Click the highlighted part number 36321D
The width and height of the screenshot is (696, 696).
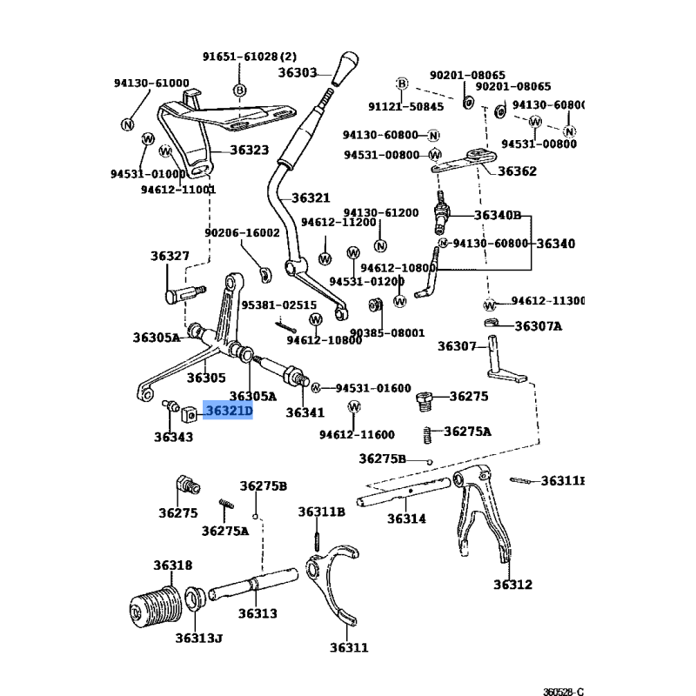(229, 411)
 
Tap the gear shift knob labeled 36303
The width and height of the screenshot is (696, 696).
(345, 69)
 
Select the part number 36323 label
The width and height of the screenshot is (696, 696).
(250, 150)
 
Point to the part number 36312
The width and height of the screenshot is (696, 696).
(512, 585)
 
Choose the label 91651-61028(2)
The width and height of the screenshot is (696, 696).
(250, 57)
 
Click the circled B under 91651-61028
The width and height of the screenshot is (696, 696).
(240, 90)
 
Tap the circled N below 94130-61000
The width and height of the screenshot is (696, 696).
(127, 124)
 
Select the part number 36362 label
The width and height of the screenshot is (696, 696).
(517, 171)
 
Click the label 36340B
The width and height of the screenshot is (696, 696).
(498, 215)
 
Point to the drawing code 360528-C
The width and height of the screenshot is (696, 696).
(563, 691)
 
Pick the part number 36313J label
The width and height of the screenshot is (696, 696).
(199, 639)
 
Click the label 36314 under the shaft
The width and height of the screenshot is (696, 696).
(406, 519)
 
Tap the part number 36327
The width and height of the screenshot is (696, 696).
(170, 256)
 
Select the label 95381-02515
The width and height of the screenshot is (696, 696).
(278, 305)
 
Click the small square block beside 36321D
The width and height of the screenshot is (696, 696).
(189, 415)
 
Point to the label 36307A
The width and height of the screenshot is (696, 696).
(539, 326)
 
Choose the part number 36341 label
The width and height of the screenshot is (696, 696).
(305, 412)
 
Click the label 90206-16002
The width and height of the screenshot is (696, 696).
(243, 233)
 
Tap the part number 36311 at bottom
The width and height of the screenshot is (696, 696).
(350, 647)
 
